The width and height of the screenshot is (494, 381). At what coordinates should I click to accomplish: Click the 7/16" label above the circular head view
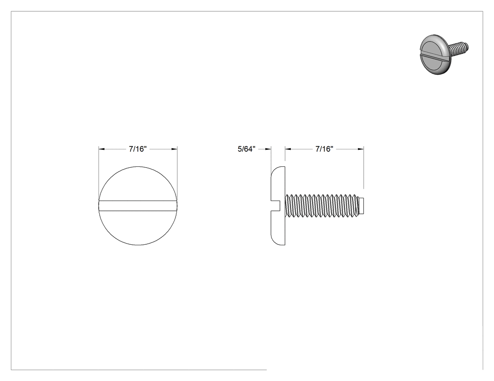[x=138, y=149]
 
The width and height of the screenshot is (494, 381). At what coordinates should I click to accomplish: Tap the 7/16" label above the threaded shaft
[x=324, y=149]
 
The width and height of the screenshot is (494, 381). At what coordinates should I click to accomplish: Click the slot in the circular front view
[x=138, y=205]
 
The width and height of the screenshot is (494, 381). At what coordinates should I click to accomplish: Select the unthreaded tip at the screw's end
[x=362, y=206]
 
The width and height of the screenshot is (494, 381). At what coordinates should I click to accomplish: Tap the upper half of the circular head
[x=138, y=184]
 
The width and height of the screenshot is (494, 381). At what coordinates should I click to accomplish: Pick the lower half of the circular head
[x=138, y=228]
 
